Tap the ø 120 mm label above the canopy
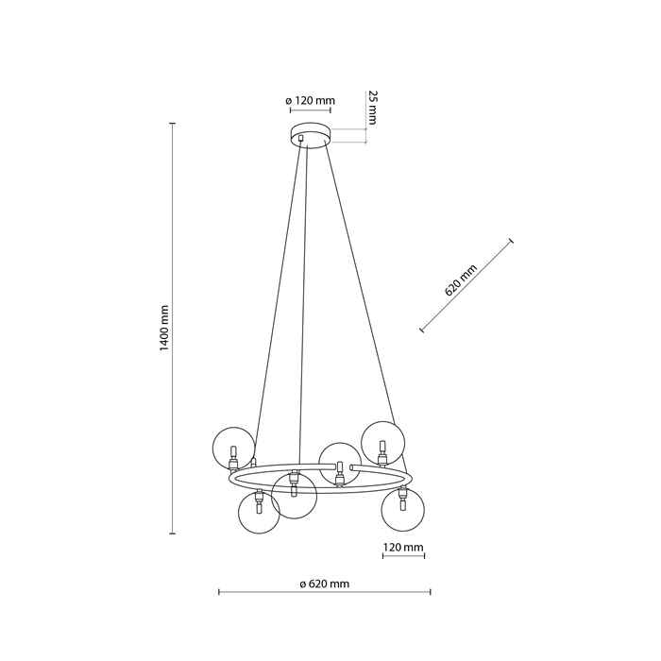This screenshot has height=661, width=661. [x=310, y=101]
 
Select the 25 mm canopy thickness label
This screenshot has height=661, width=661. [x=371, y=108]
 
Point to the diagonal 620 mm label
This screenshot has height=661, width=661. [x=461, y=280]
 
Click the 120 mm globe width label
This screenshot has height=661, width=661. [x=403, y=547]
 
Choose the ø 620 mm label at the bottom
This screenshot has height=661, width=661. [x=325, y=584]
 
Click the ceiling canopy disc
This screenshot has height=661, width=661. [x=311, y=134]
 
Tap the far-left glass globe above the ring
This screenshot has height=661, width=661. [x=233, y=449]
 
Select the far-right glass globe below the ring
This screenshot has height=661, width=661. [x=402, y=510]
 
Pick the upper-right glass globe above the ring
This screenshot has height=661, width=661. [x=383, y=443]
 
